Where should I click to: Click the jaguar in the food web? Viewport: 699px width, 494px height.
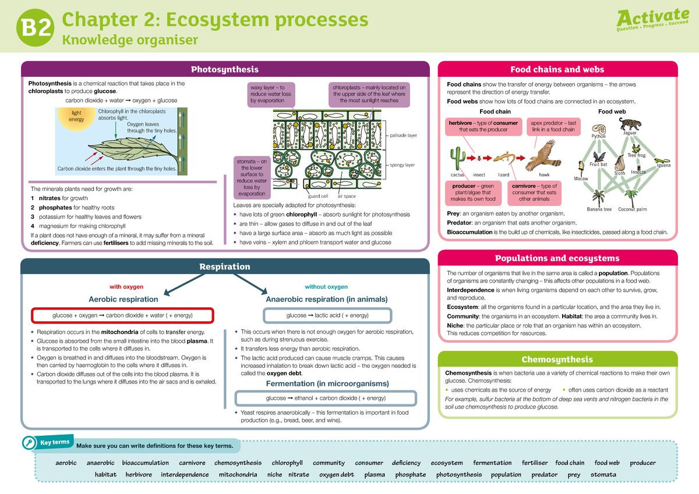[x=630, y=124]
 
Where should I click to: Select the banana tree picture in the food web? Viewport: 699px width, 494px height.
[x=598, y=197]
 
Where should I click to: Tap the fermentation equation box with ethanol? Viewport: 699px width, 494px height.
[x=326, y=398]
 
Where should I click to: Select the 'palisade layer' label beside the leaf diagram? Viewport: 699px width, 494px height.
[x=404, y=136]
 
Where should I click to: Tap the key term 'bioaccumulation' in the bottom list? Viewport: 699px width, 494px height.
[x=145, y=463]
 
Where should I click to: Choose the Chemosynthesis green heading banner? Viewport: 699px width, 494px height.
[x=557, y=360]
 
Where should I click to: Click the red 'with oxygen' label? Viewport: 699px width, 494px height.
[x=126, y=287]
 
